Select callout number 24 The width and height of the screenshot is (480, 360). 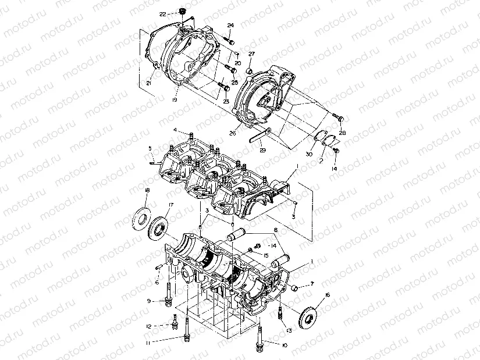pyautogui.click(x=231, y=26)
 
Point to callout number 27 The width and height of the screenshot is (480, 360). pyautogui.click(x=251, y=54)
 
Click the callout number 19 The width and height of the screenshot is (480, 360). pyautogui.click(x=175, y=101)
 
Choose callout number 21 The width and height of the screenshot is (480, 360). pyautogui.click(x=148, y=84)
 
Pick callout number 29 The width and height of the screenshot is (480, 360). pyautogui.click(x=262, y=151)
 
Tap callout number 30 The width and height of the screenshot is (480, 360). pyautogui.click(x=309, y=155)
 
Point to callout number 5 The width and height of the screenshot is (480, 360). pyautogui.click(x=150, y=148)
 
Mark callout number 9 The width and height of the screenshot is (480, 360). pyautogui.click(x=149, y=301)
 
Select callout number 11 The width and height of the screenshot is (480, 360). pyautogui.click(x=148, y=344)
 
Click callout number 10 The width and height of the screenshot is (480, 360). pyautogui.click(x=285, y=345)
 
